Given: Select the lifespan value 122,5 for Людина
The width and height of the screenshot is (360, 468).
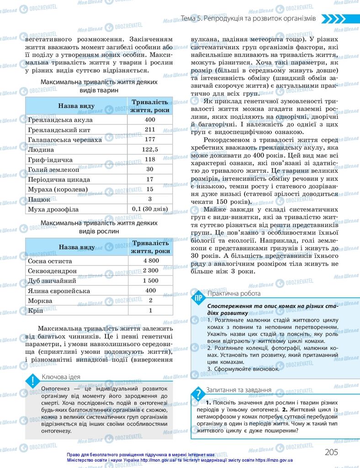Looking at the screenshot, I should coord(150,149).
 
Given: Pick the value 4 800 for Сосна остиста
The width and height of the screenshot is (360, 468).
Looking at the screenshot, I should coord(150,261).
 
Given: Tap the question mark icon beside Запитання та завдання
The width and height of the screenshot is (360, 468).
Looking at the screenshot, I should coord(198,394).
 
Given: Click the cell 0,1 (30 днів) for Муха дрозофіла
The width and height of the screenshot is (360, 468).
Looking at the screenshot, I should coord(150,209).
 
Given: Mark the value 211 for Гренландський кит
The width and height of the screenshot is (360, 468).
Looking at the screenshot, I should coord(150,130).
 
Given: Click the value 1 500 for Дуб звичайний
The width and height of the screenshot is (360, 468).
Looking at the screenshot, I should coord(150,281).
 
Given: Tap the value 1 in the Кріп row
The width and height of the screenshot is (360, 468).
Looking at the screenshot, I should coord(150,311).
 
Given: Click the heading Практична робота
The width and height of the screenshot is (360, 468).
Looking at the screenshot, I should coord(233,293).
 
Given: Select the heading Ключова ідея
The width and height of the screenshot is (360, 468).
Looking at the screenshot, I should coord(61,377).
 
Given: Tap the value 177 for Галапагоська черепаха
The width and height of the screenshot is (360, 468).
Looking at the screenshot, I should coord(150,139).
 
